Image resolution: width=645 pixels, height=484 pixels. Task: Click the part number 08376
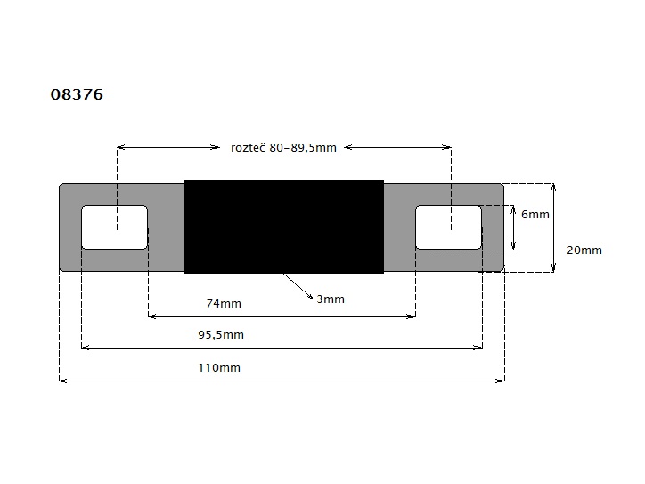click(77, 94)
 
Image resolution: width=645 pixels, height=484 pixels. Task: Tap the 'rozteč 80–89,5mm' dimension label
click(283, 148)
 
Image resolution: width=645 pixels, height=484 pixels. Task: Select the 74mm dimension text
click(224, 304)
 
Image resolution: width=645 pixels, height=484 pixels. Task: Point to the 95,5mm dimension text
click(221, 335)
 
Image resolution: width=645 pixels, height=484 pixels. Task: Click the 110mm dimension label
click(219, 367)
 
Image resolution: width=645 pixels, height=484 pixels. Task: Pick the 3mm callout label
click(331, 299)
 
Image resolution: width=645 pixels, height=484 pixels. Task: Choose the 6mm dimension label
click(535, 215)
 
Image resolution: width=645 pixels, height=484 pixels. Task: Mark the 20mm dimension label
click(584, 250)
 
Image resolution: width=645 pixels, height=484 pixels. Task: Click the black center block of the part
click(284, 226)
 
